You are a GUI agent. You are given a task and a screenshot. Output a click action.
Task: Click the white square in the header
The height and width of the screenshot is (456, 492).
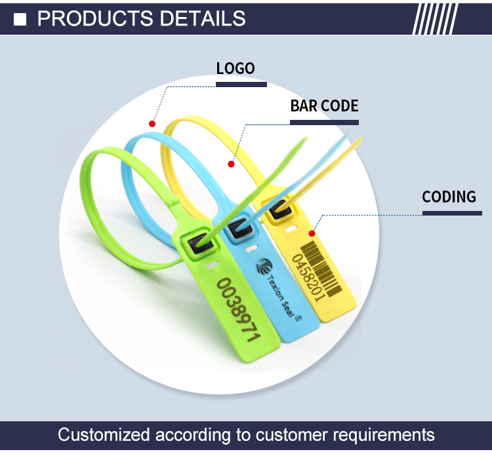[20, 19]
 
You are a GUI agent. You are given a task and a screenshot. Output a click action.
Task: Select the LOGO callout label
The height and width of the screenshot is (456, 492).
[236, 68]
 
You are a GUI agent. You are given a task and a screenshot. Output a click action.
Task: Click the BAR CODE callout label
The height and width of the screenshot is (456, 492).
[325, 106]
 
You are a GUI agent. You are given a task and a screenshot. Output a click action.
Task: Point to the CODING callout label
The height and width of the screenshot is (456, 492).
[449, 197]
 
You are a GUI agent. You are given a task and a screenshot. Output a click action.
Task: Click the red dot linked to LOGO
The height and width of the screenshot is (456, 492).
[152, 123]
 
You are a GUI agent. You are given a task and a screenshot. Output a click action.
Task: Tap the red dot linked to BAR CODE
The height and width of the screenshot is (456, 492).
[231, 164]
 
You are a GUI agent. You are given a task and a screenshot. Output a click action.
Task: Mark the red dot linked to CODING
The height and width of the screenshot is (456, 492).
[312, 233]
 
